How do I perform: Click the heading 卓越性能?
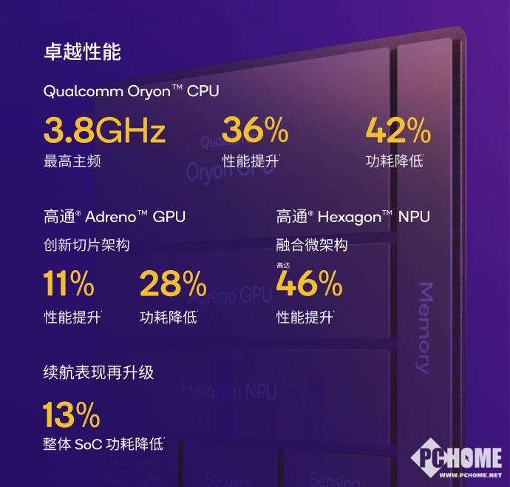82,53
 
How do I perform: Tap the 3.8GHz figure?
104,131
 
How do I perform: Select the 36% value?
255,131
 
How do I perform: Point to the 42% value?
398,131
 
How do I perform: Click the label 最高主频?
72,161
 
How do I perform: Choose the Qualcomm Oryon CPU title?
131,91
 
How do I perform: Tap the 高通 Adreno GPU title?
114,217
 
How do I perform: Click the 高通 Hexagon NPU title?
353,217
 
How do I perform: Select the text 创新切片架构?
86,245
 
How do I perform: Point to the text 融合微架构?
312,245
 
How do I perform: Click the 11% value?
69,283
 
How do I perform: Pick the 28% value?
173,283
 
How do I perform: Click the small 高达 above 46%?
284,265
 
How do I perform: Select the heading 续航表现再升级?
99,372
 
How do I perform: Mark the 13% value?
71,414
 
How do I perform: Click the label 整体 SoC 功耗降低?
103,445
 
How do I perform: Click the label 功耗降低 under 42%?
395,161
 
